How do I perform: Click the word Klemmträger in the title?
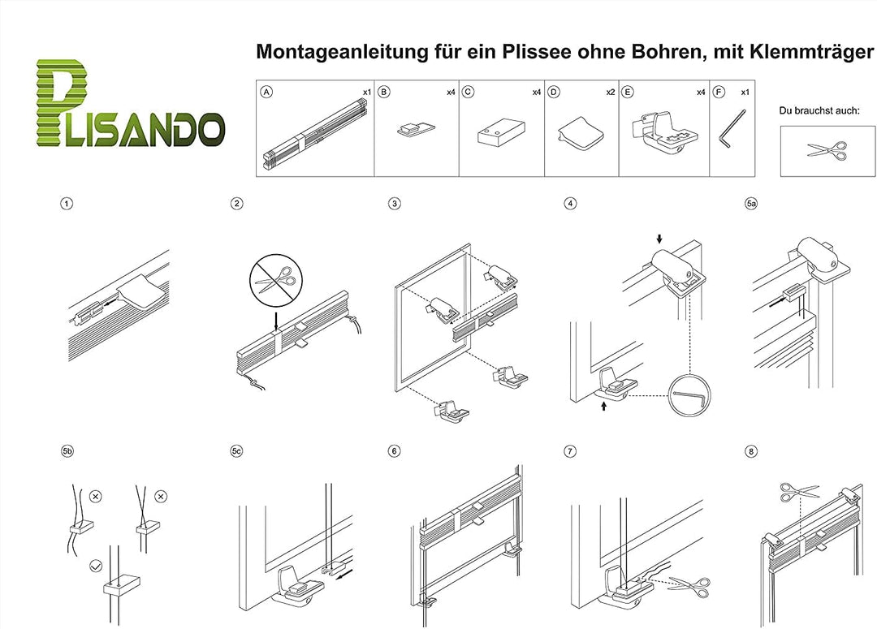[811, 52]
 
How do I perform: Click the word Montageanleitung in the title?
[342, 52]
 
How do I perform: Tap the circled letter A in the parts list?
[267, 93]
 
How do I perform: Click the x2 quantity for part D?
[610, 93]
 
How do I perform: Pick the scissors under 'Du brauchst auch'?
[827, 150]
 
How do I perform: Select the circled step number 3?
[395, 204]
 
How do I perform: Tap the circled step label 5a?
[751, 204]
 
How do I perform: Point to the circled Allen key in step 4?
[690, 395]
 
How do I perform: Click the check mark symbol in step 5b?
[96, 567]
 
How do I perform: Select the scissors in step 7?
[689, 586]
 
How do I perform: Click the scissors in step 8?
[800, 492]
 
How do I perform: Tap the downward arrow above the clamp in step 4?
[659, 239]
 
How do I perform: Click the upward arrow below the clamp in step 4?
[603, 406]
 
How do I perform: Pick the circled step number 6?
[395, 451]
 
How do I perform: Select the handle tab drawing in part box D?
[581, 134]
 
